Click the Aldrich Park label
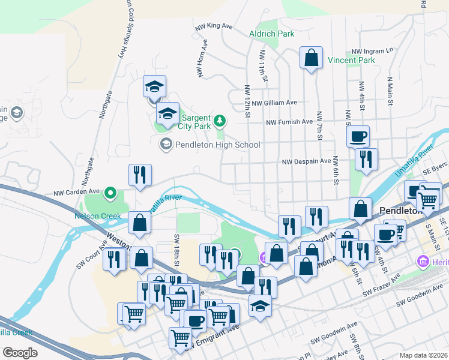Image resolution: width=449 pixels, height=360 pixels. pos(272,34)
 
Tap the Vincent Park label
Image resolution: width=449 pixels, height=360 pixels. pos(351,61)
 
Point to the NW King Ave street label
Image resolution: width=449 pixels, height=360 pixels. pos(214,26)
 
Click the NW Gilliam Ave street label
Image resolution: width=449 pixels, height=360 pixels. pos(274,103)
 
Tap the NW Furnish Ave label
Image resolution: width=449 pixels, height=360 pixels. pos(291,122)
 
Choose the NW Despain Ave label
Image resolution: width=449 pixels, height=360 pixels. pos(306,161)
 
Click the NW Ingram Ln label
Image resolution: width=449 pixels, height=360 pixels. pos(372,51)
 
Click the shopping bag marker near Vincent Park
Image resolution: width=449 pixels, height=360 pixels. pos(311,58)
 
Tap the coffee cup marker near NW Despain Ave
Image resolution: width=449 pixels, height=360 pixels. pos(358,137)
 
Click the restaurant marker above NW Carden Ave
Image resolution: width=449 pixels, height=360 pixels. pos(140,175)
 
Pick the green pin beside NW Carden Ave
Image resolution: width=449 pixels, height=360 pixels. pos(110,193)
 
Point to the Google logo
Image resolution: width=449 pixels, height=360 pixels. pos(20,352)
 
